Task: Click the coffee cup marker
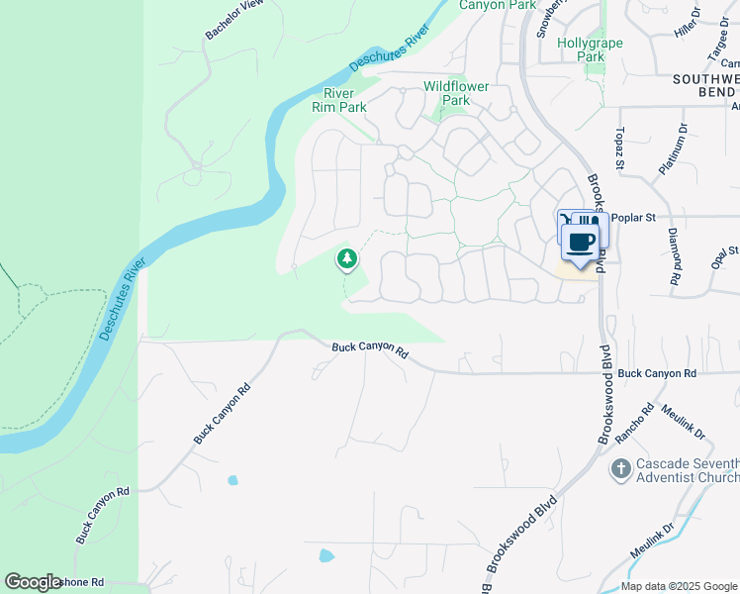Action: pyautogui.click(x=581, y=242)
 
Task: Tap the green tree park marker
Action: pyautogui.click(x=346, y=259)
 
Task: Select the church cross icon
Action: pyautogui.click(x=620, y=468)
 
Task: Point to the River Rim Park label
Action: pyautogui.click(x=338, y=100)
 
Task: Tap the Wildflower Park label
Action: pyautogui.click(x=456, y=93)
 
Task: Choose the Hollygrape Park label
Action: pyautogui.click(x=581, y=50)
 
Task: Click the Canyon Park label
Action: pyautogui.click(x=497, y=5)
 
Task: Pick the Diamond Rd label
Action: pyautogui.click(x=673, y=262)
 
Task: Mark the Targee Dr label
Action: pyautogui.click(x=718, y=44)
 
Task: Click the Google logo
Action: pyautogui.click(x=32, y=582)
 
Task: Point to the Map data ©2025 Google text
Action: pyautogui.click(x=679, y=586)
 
